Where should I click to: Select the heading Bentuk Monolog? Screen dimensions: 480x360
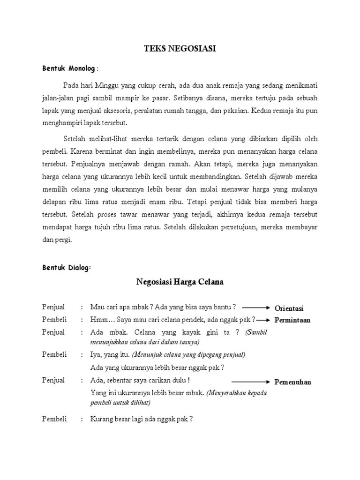[69, 69]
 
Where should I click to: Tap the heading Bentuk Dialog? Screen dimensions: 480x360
[66, 267]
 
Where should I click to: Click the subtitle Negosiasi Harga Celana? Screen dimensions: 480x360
[180, 282]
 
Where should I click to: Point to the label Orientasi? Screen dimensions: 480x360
[289, 308]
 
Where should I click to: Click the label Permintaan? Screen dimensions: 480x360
[292, 320]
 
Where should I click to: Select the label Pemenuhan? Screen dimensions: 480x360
[292, 382]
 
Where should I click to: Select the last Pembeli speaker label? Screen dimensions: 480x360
[54, 419]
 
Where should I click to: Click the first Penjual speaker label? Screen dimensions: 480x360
[54, 307]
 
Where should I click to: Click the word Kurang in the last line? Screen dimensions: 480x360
[101, 419]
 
